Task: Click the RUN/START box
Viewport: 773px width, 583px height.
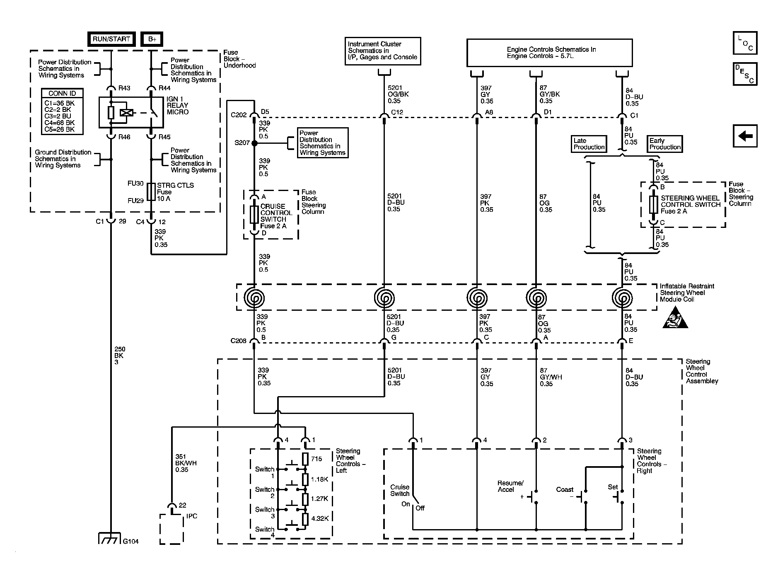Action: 111,39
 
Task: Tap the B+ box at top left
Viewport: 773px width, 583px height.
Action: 152,39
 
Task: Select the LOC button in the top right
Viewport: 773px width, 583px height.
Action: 745,43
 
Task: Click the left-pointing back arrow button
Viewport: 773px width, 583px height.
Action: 745,136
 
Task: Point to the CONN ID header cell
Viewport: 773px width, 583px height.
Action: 62,93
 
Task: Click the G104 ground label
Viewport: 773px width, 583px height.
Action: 131,541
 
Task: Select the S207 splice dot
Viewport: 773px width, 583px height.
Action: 254,143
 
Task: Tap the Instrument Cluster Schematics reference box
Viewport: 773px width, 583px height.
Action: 383,51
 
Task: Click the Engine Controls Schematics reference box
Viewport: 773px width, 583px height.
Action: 549,53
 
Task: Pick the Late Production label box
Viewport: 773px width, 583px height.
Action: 589,144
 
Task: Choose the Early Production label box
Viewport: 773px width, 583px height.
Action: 664,144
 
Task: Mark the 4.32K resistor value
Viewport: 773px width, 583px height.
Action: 320,518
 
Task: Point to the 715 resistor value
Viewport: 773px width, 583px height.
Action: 316,459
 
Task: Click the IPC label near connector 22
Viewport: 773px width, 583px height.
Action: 192,516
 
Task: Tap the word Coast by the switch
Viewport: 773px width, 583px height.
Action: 565,490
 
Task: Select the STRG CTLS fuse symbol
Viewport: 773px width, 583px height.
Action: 151,191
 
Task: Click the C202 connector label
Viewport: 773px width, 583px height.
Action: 239,115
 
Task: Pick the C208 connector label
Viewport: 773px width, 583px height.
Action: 239,341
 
